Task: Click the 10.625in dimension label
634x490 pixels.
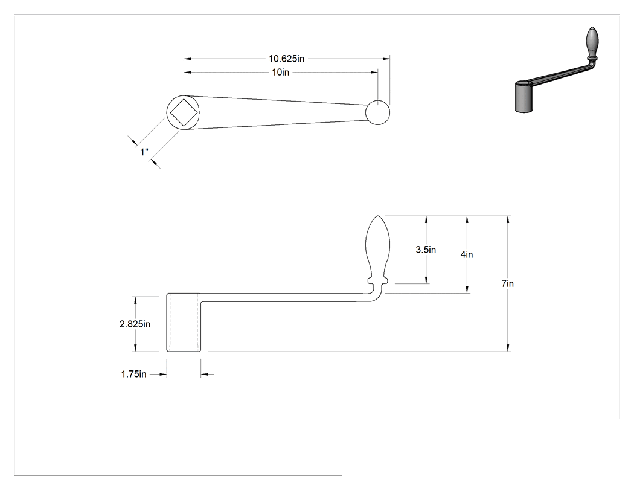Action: pyautogui.click(x=286, y=59)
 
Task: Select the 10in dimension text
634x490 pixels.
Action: pyautogui.click(x=281, y=73)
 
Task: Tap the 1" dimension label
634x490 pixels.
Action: pyautogui.click(x=144, y=152)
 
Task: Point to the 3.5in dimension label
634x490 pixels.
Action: pyautogui.click(x=426, y=250)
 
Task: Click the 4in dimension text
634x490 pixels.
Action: pyautogui.click(x=467, y=254)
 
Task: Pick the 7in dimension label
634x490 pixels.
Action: pyautogui.click(x=507, y=283)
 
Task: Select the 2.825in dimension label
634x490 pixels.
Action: pyautogui.click(x=135, y=324)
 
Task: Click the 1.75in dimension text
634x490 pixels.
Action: pyautogui.click(x=134, y=374)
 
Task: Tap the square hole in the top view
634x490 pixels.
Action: pyautogui.click(x=184, y=112)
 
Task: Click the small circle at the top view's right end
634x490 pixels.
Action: pyautogui.click(x=377, y=112)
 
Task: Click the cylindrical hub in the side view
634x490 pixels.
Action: pyautogui.click(x=184, y=323)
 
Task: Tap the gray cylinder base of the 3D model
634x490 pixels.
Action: pyautogui.click(x=524, y=97)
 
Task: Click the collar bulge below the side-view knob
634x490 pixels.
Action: pyautogui.click(x=377, y=280)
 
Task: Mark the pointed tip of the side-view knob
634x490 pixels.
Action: pyautogui.click(x=377, y=216)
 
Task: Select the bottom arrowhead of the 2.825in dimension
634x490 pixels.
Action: pyautogui.click(x=135, y=348)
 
